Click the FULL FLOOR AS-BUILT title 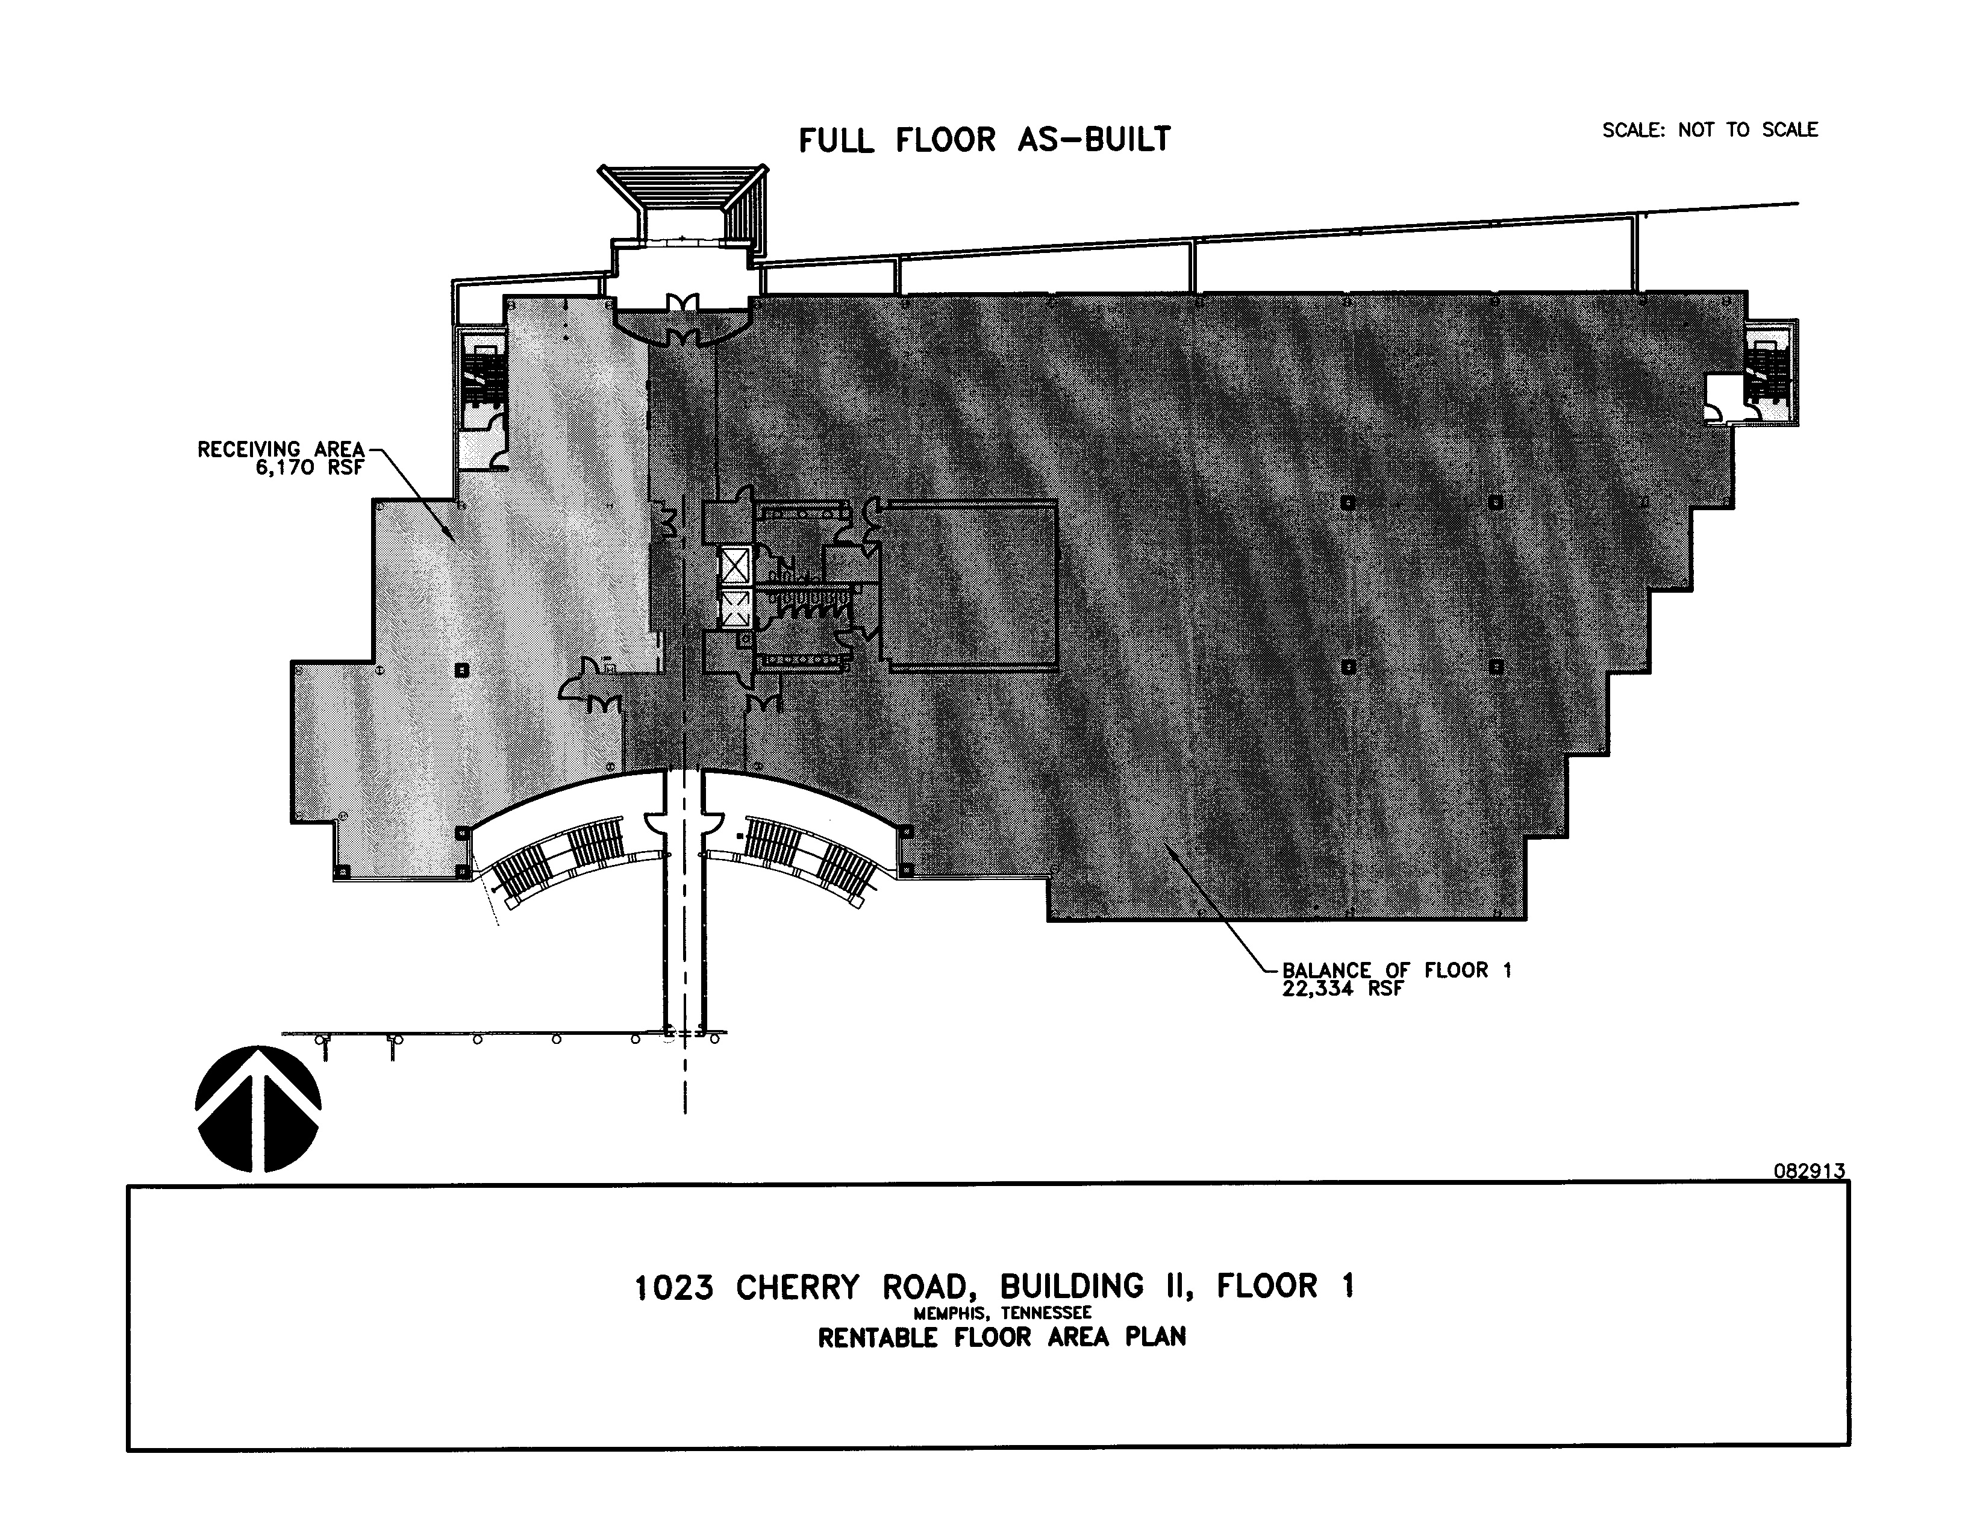[x=984, y=140]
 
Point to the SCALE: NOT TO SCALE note [x=1709, y=130]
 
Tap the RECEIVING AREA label [x=280, y=449]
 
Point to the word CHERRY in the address [x=797, y=1287]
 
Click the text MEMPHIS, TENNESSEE [x=1002, y=1313]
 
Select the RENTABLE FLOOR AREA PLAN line [x=1002, y=1337]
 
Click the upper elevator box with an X [x=735, y=566]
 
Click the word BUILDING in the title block [x=1060, y=1287]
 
